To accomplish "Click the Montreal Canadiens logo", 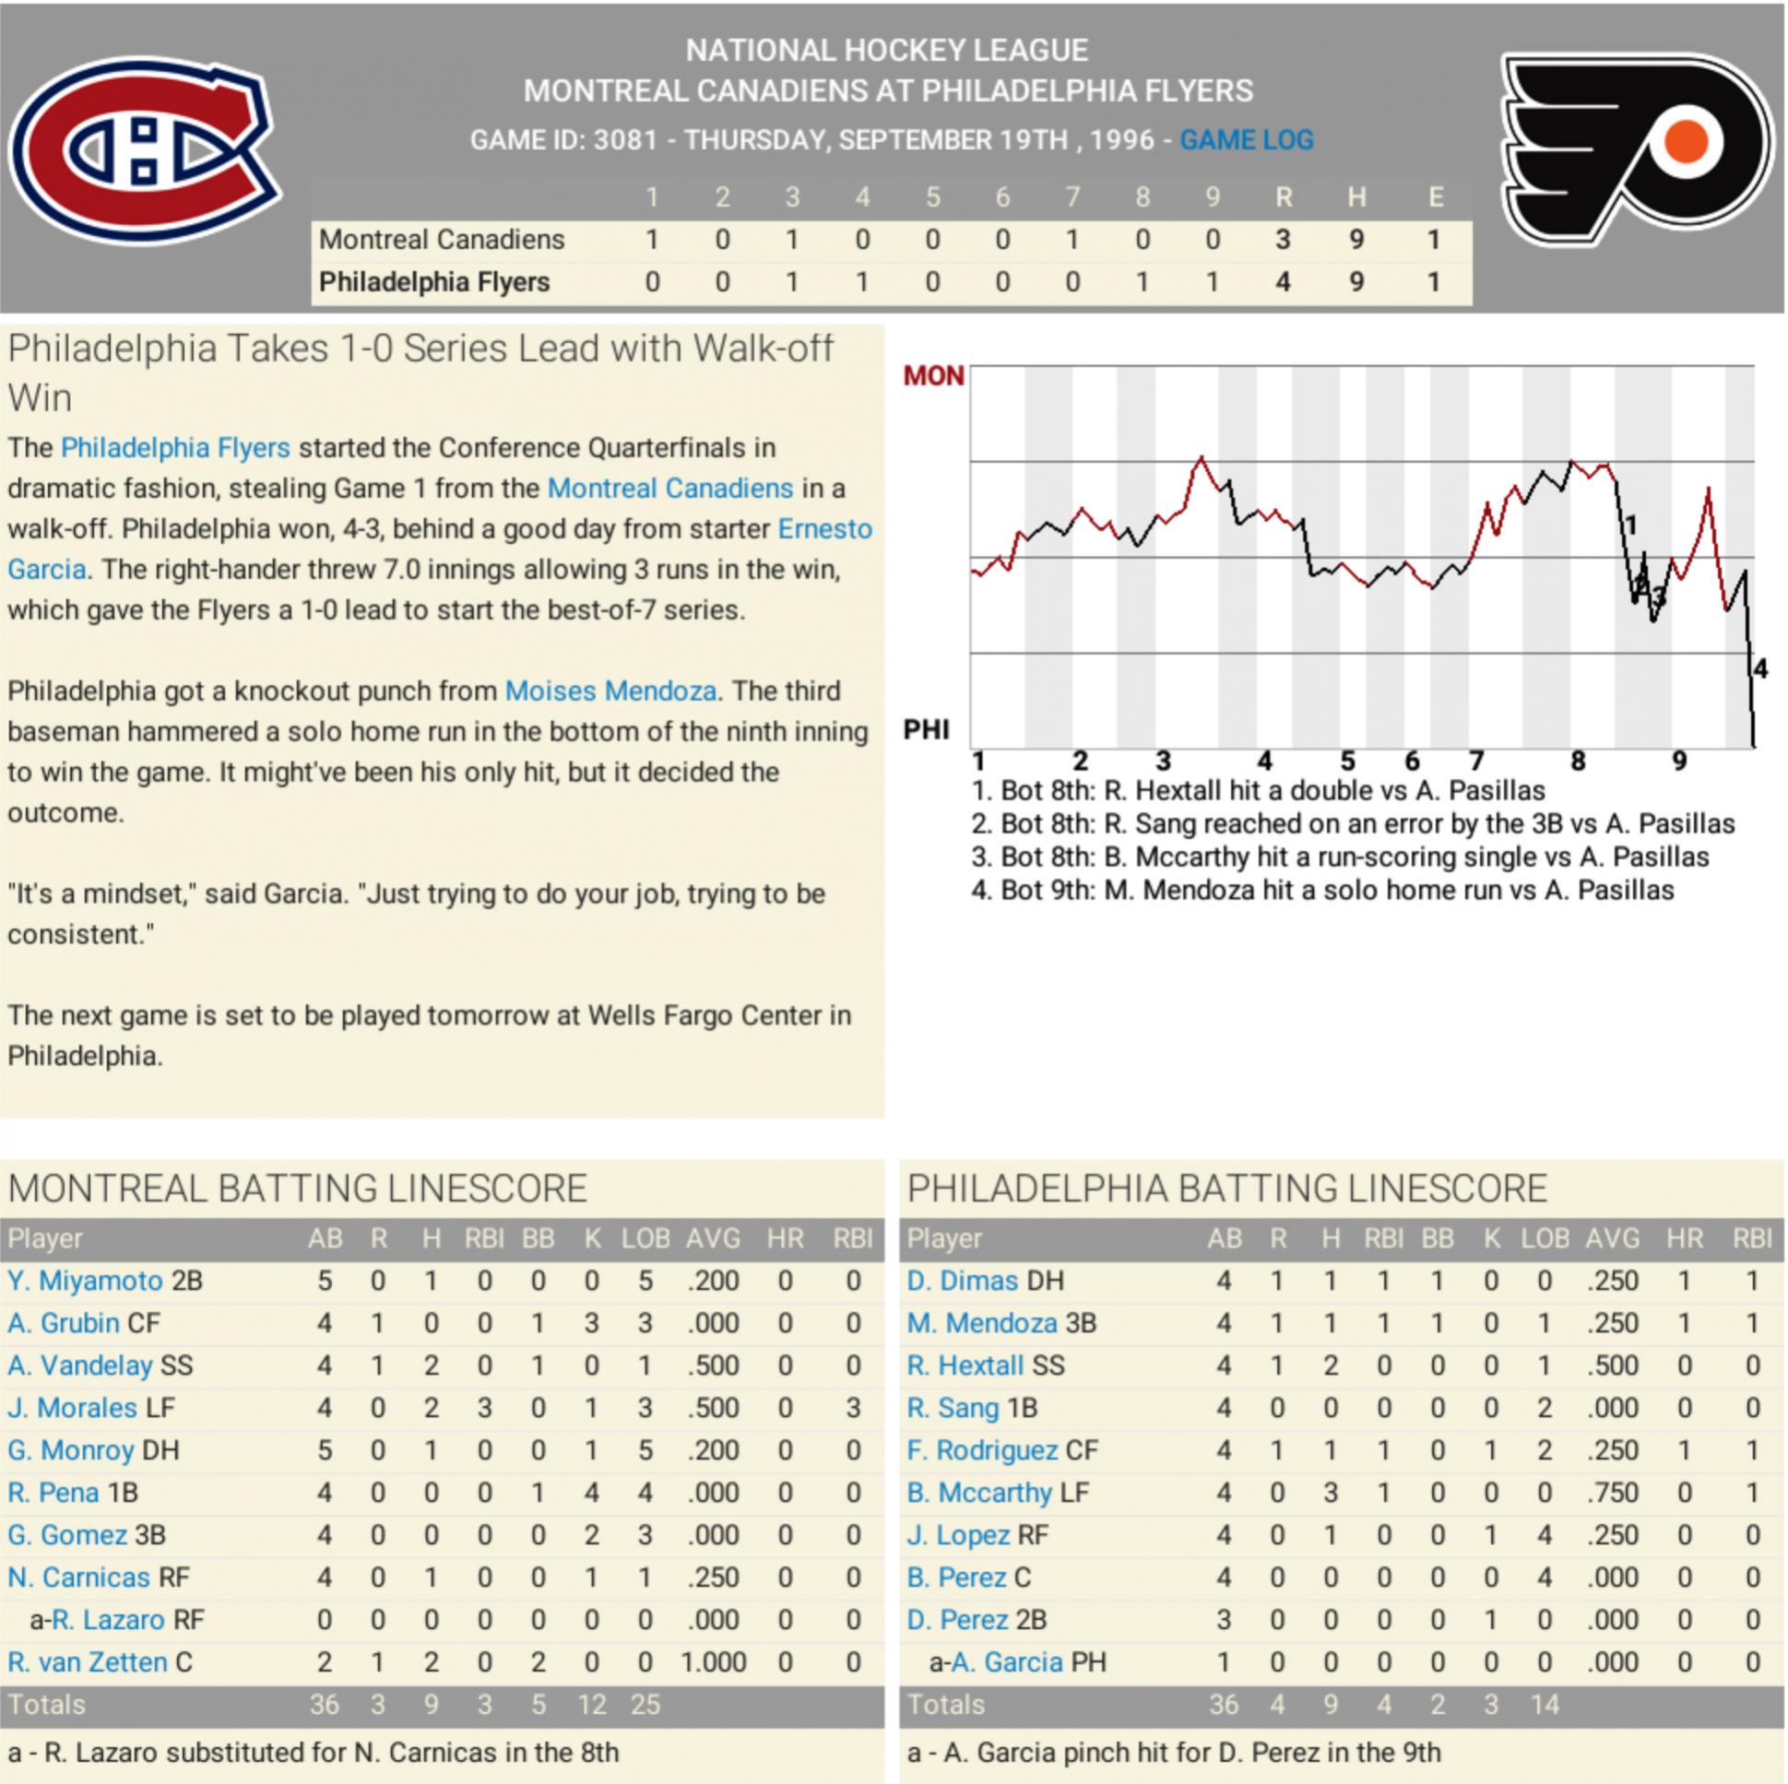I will tap(145, 152).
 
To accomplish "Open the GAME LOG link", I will tap(1246, 140).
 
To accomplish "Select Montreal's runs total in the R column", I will tap(1283, 240).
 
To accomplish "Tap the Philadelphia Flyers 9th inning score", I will tap(1213, 282).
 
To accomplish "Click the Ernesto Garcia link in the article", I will tap(823, 529).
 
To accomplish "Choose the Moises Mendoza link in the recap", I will tap(610, 691).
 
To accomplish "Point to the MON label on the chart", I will tap(933, 375).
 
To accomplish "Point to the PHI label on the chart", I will tap(927, 730).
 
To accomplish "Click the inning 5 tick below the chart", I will tap(1347, 762).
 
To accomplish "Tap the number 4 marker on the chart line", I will tap(1759, 669).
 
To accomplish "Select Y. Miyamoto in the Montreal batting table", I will tap(85, 1281).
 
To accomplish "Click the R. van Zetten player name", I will tap(87, 1662).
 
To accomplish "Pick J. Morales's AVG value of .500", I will tap(713, 1409).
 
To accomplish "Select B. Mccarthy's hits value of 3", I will tap(1330, 1493).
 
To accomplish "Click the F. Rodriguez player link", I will tap(982, 1450).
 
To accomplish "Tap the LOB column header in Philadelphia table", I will tap(1544, 1238).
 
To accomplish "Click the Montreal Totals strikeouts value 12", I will tap(592, 1705).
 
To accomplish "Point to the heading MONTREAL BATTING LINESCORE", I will tap(297, 1188).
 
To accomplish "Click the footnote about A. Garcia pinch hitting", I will tap(1174, 1753).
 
